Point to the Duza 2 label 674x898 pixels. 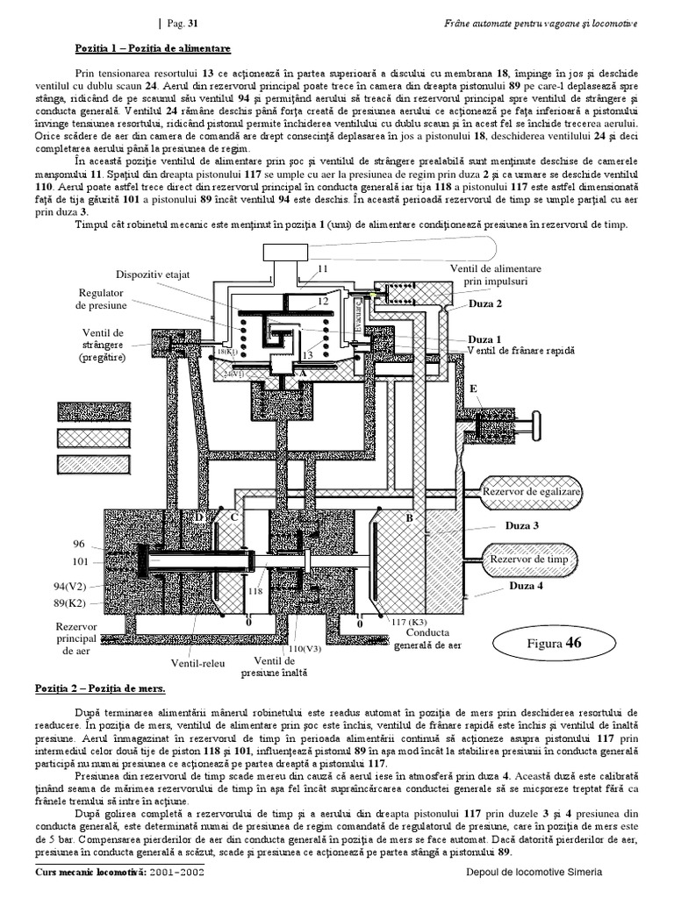[485, 303]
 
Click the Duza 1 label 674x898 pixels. [484, 339]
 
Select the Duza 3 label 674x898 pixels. [521, 526]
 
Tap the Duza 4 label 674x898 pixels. [520, 587]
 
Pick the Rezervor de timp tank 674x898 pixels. [529, 559]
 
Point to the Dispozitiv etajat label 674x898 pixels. [152, 274]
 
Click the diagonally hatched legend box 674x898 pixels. [92, 438]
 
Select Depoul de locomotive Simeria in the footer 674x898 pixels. [534, 874]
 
